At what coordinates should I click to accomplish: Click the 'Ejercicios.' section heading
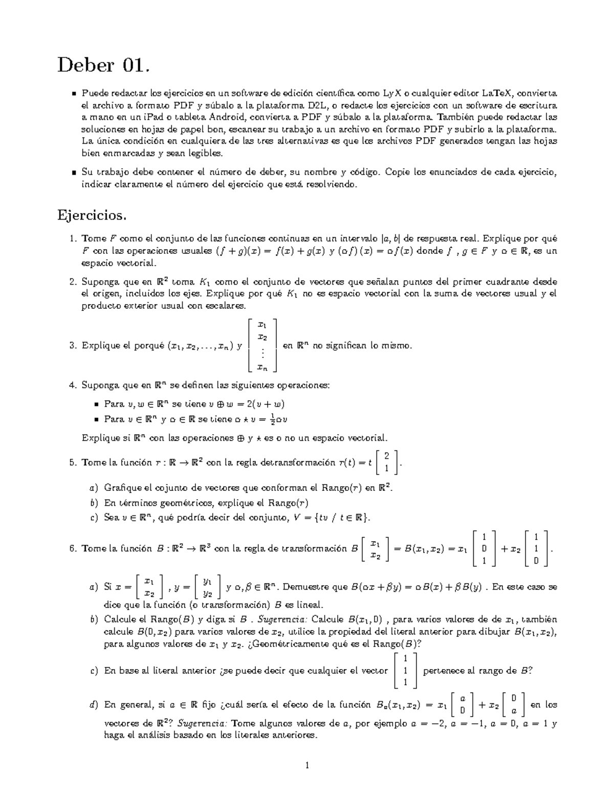point(91,215)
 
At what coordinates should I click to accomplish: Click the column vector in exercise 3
point(262,345)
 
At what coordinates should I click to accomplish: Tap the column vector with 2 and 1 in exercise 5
point(387,462)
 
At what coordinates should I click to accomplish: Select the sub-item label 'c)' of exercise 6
point(93,671)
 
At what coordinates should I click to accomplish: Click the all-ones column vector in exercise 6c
point(405,670)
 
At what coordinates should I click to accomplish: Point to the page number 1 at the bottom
point(307,766)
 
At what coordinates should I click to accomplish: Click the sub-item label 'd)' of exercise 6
point(93,705)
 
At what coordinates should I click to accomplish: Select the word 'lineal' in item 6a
point(309,605)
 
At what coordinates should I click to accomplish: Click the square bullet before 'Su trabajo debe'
point(74,173)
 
